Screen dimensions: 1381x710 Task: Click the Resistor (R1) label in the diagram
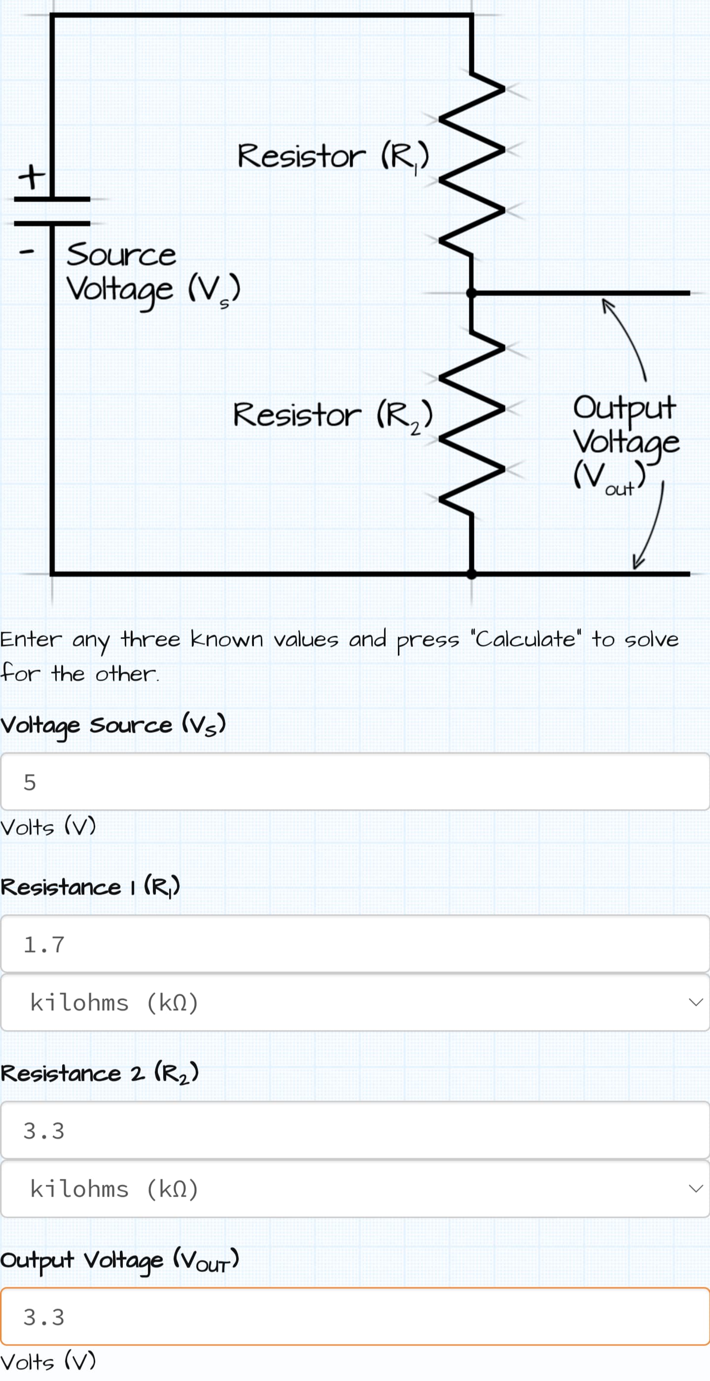point(332,157)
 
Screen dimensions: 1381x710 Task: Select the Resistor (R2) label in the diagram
point(332,415)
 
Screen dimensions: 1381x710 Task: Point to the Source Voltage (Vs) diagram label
point(152,272)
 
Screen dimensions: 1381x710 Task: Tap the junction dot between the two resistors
point(471,293)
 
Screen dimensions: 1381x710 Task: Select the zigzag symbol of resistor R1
point(472,166)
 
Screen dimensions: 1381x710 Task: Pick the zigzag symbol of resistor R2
point(472,424)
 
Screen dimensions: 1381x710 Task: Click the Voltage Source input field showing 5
point(355,781)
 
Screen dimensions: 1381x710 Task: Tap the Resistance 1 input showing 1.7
point(355,944)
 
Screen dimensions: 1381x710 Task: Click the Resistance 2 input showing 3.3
point(355,1130)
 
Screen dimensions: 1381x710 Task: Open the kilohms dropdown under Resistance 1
point(355,1002)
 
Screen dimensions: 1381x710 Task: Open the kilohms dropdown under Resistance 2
point(355,1189)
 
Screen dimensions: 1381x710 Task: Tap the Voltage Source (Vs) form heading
point(112,725)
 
